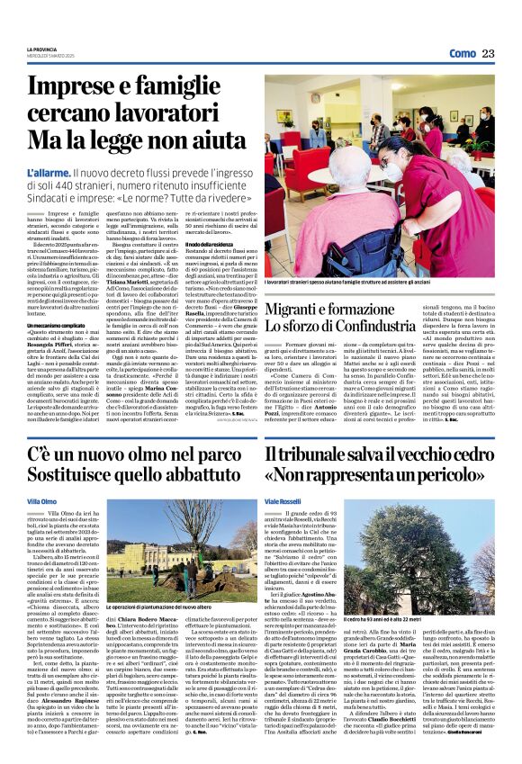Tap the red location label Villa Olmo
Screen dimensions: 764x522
41,500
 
